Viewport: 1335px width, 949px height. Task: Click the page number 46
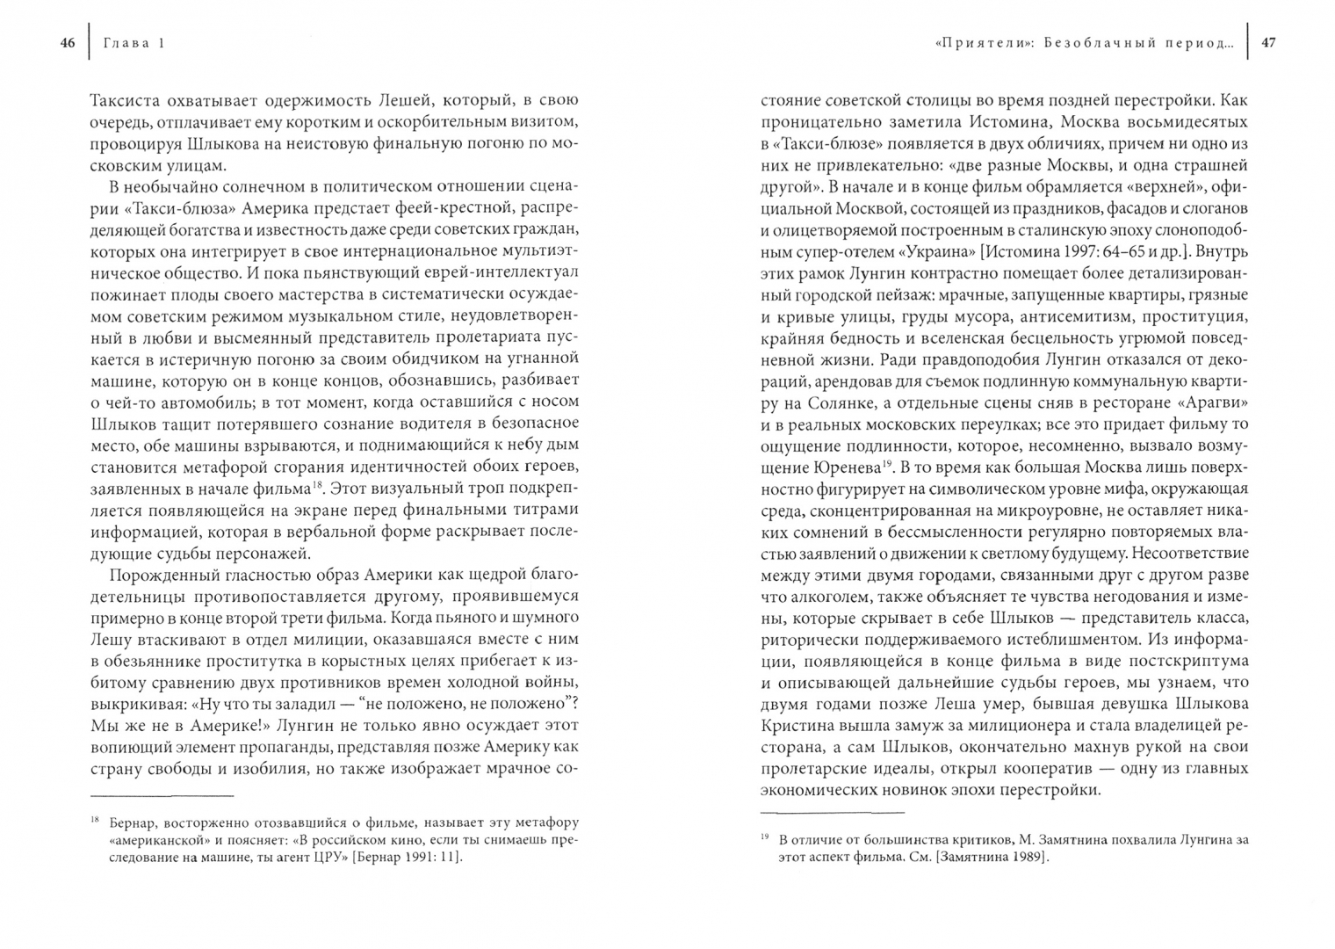68,43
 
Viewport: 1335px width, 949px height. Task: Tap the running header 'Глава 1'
134,43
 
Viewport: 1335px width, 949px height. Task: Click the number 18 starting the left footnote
95,821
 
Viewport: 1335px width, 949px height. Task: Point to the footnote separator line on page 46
162,795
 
